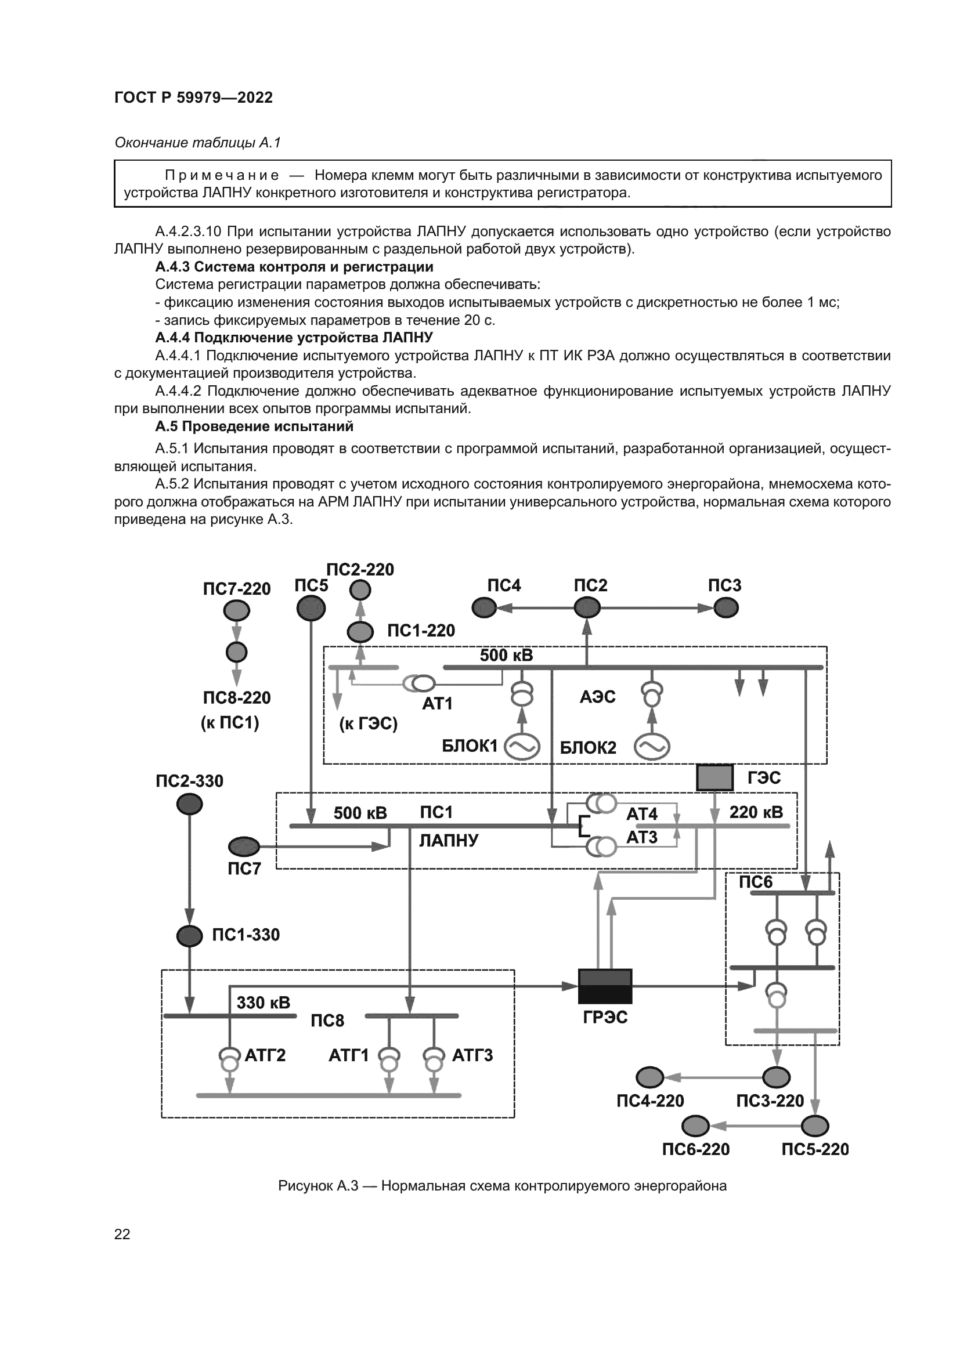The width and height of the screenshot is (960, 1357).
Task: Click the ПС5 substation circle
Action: click(311, 607)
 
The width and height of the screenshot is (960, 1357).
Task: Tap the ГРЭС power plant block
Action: click(605, 986)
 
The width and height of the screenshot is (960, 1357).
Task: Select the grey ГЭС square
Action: click(714, 777)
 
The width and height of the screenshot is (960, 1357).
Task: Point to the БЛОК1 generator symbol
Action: click(522, 747)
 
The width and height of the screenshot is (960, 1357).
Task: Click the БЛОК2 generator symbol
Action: click(651, 747)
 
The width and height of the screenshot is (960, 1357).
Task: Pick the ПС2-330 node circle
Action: click(189, 804)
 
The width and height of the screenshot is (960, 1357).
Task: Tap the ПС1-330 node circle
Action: click(189, 936)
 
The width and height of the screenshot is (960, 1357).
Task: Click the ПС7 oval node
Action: click(244, 846)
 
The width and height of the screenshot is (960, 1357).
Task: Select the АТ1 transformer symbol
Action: click(419, 684)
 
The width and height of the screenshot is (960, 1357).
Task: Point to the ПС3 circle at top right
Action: click(726, 607)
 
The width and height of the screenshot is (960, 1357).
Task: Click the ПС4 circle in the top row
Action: click(484, 607)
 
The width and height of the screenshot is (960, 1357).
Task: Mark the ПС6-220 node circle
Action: click(696, 1126)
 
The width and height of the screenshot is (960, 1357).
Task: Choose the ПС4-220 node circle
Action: click(649, 1077)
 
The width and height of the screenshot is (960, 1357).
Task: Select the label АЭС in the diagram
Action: click(598, 697)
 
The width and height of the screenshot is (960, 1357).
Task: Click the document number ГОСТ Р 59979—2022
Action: click(193, 97)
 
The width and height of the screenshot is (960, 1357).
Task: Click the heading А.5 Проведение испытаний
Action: click(254, 426)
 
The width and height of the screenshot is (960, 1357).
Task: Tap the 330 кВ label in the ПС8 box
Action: click(263, 1003)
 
